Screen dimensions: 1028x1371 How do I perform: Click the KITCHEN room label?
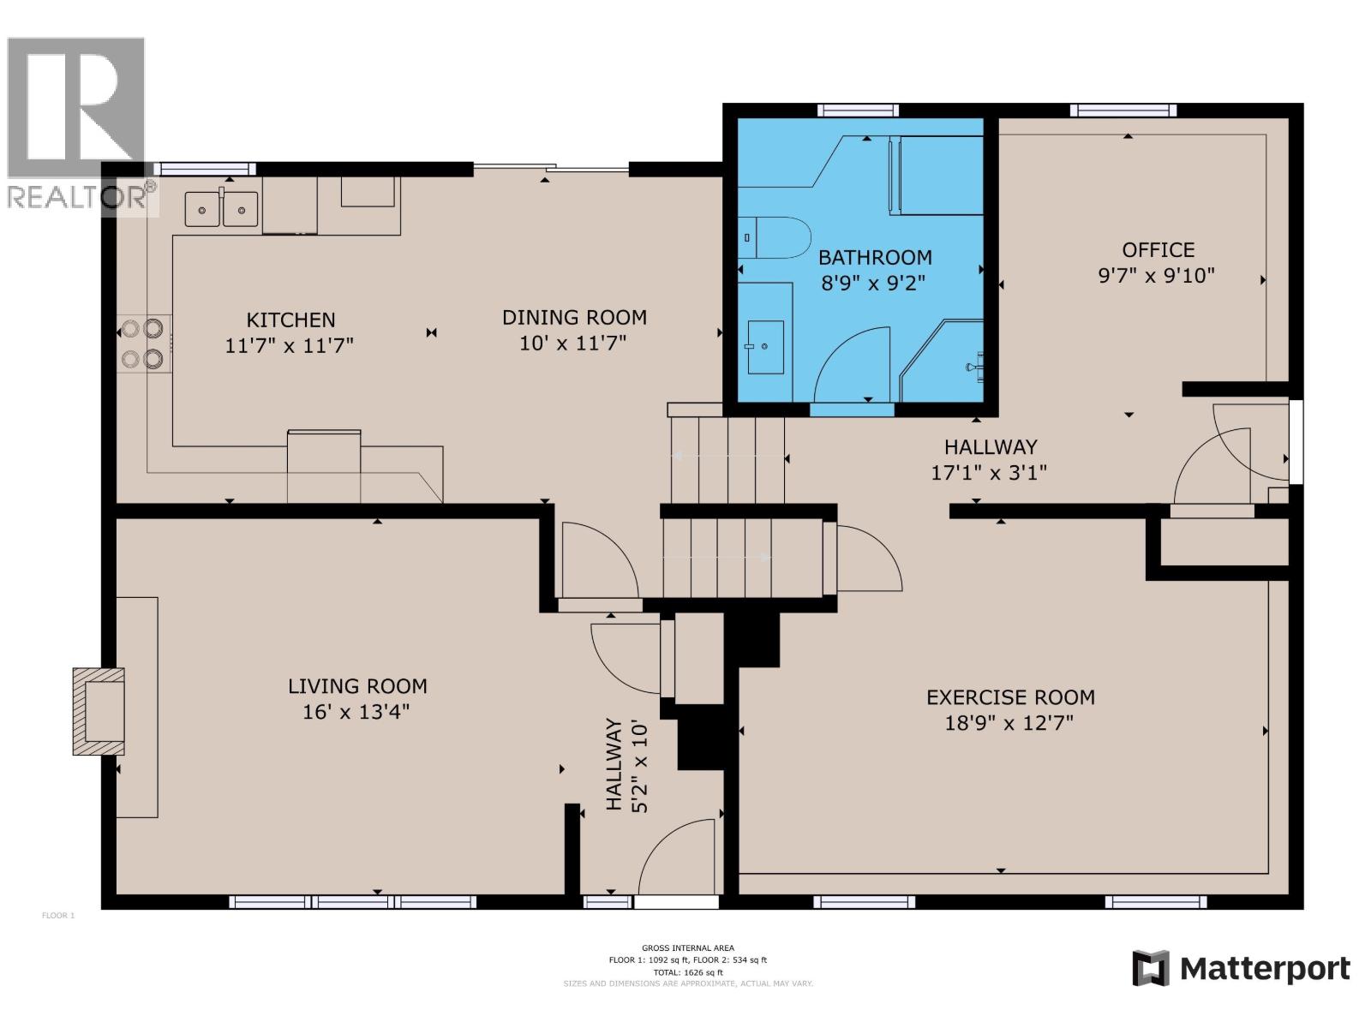click(290, 320)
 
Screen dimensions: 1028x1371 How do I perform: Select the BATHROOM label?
click(874, 257)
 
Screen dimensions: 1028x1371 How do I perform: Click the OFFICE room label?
click(1158, 250)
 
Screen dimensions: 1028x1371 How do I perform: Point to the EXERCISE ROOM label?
click(1010, 697)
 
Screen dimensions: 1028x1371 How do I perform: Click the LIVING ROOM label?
click(357, 686)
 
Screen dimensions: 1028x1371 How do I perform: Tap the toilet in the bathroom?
click(775, 238)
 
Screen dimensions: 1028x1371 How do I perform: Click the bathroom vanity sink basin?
click(765, 347)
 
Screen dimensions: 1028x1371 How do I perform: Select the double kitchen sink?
click(222, 208)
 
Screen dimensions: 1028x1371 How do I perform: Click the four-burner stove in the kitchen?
click(142, 344)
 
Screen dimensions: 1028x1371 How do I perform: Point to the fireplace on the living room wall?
click(99, 710)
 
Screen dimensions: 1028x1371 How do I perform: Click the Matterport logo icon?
click(1150, 969)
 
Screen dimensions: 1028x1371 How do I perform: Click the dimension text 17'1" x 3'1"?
click(989, 473)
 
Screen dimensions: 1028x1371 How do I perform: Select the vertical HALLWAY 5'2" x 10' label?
click(626, 765)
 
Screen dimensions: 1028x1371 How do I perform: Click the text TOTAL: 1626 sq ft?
click(687, 973)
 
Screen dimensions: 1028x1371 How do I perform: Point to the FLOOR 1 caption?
click(59, 916)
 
